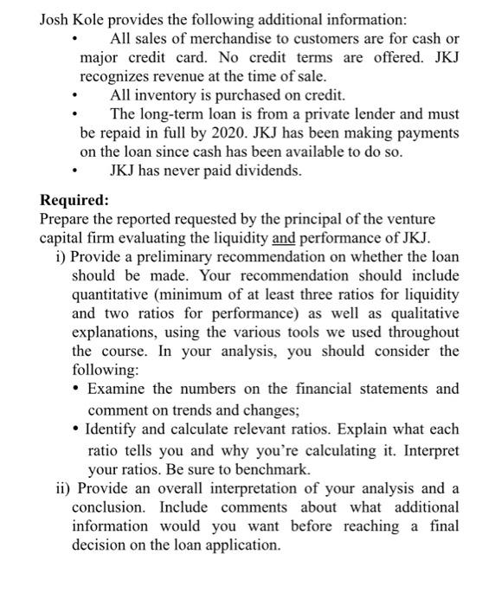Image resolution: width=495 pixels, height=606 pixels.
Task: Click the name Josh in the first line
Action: tap(57, 20)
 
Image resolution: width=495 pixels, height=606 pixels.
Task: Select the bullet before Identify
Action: tap(79, 429)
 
